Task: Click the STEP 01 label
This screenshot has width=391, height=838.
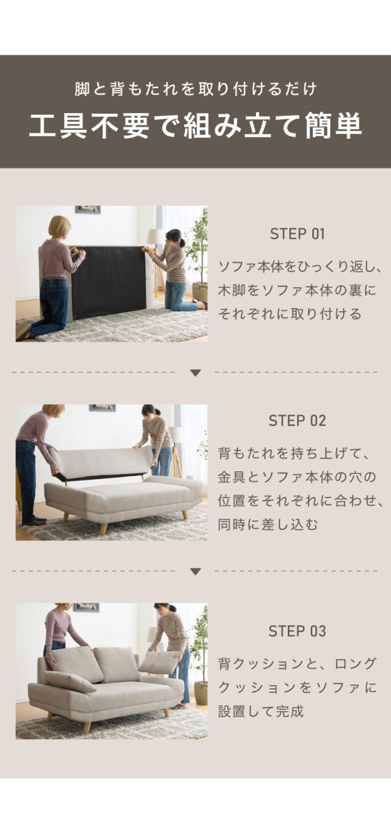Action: [297, 234]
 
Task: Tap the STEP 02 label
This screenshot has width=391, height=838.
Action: [297, 421]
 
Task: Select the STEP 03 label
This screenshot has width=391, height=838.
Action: [297, 631]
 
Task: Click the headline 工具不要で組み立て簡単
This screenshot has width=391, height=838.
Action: [195, 125]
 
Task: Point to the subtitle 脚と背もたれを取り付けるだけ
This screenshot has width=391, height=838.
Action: [195, 89]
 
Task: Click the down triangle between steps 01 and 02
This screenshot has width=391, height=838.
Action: [195, 373]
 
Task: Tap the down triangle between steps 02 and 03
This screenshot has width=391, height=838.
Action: [195, 572]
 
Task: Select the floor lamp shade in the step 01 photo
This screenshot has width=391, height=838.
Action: [155, 236]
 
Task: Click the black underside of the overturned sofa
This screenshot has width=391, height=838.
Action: [108, 282]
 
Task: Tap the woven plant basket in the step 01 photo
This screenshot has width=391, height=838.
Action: [200, 292]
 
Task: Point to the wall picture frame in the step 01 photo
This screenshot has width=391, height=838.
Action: [88, 210]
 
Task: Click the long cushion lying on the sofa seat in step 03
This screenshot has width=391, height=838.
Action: [69, 680]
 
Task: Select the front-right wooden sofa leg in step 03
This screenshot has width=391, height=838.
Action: [166, 712]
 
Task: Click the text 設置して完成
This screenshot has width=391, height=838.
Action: [260, 711]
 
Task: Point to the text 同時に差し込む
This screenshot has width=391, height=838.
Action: [268, 524]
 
